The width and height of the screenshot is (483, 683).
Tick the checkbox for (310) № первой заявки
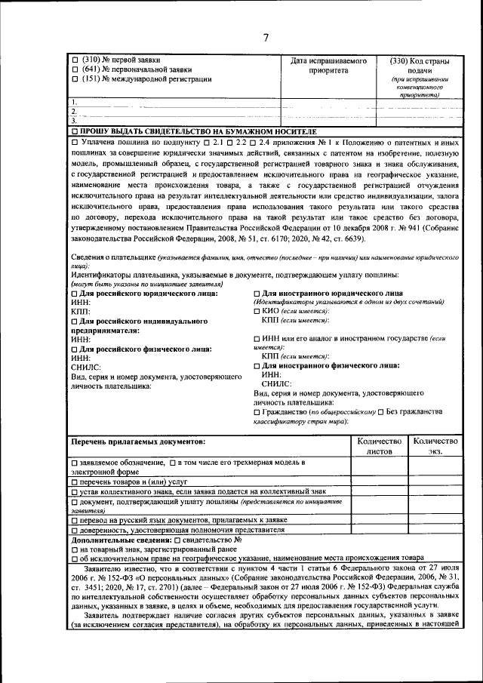74,60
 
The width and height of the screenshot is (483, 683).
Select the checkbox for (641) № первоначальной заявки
74,69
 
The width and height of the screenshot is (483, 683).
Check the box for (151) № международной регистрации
74,78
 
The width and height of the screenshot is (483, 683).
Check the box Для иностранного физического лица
257,365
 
